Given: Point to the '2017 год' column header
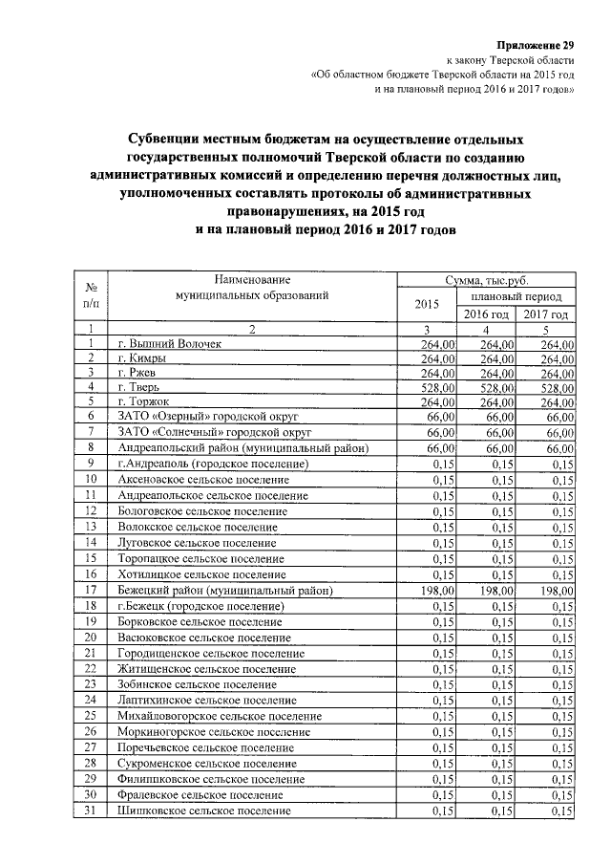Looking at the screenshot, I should point(546,314).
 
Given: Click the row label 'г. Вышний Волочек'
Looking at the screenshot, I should point(169,344).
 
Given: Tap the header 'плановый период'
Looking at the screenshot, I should point(516,297).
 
